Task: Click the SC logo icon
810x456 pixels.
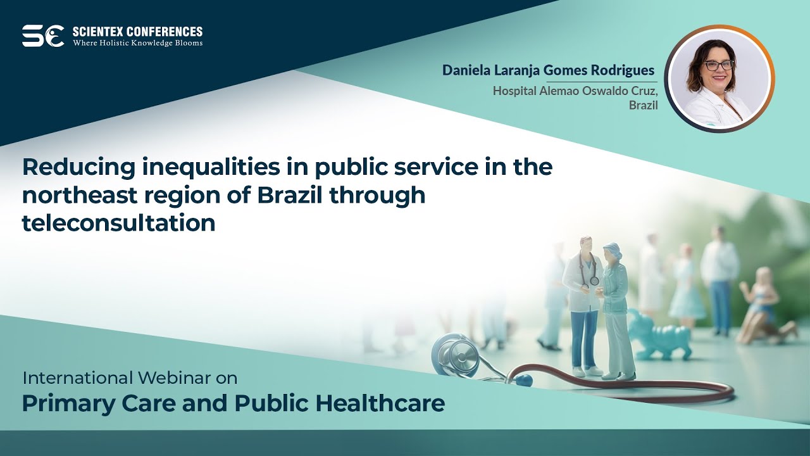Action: (x=42, y=36)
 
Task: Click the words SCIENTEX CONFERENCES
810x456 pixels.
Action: (x=137, y=31)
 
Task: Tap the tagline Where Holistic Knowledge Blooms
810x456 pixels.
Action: (x=137, y=43)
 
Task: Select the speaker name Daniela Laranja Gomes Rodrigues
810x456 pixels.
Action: (x=548, y=70)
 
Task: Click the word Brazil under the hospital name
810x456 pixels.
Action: (x=643, y=105)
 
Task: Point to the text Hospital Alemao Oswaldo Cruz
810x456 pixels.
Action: (x=575, y=91)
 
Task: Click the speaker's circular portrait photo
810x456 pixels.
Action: (x=720, y=79)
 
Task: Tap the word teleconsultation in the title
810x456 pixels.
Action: (x=118, y=223)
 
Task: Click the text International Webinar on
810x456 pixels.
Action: (x=130, y=378)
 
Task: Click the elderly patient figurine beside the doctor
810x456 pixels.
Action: (x=615, y=310)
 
